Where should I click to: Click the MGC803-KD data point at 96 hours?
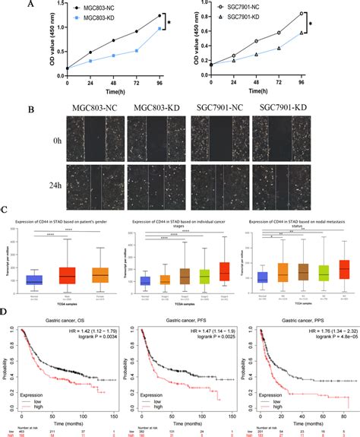(x=160, y=28)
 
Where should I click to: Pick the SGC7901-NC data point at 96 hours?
(x=302, y=13)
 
